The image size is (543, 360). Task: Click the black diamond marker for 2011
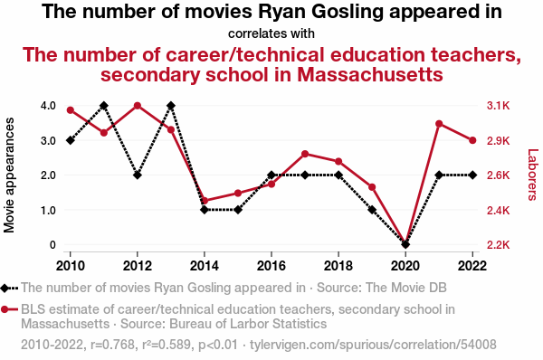tap(104, 106)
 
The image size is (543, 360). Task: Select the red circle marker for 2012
tap(138, 106)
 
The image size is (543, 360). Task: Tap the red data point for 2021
tap(439, 124)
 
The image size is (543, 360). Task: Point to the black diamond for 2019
tap(372, 210)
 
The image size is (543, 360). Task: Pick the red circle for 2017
tap(305, 154)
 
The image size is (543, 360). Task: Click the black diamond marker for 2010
tap(71, 140)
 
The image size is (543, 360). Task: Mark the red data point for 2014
tap(205, 201)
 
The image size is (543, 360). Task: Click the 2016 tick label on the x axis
tap(271, 266)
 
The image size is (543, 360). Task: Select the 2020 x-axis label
tap(405, 266)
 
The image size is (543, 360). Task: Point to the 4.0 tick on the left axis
tap(48, 106)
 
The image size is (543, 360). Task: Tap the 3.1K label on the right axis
tap(499, 106)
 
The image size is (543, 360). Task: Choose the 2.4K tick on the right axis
tap(499, 210)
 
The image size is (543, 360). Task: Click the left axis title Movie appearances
tap(9, 175)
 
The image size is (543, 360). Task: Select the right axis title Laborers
tap(533, 175)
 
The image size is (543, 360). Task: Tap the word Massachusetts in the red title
tap(370, 74)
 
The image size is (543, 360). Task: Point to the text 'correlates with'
tap(271, 33)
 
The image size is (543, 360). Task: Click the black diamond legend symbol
tap(9, 288)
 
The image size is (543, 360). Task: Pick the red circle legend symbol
tap(9, 309)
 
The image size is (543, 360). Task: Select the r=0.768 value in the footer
tap(112, 345)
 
